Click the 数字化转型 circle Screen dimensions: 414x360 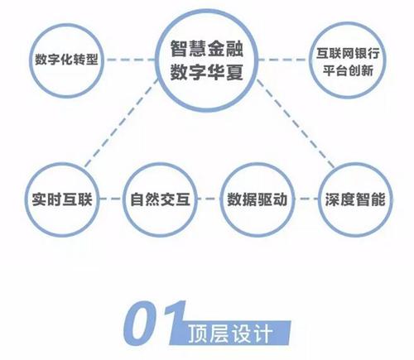tap(31, 60)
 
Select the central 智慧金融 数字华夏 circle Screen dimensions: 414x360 tap(156, 60)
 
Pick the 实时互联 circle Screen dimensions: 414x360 tap(26, 199)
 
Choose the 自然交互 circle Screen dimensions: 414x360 tap(124, 199)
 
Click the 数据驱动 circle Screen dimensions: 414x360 tap(222, 199)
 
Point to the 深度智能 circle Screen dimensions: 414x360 tap(320, 199)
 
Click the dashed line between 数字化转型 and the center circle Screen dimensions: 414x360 tap(130, 60)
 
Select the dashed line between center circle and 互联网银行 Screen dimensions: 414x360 tap(284, 60)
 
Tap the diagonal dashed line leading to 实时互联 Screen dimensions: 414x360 tap(122, 123)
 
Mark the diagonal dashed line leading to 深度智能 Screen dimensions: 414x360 tap(296, 123)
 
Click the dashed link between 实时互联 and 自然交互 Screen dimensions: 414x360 tap(111, 199)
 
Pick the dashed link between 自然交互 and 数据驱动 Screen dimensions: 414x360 tap(209, 199)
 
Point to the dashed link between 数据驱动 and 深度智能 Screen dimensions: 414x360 tap(306, 199)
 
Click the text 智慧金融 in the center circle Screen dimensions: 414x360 tap(206, 49)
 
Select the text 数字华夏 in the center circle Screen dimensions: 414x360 tap(206, 72)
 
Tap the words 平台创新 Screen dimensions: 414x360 tap(348, 70)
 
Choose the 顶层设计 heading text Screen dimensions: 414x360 tap(230, 334)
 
